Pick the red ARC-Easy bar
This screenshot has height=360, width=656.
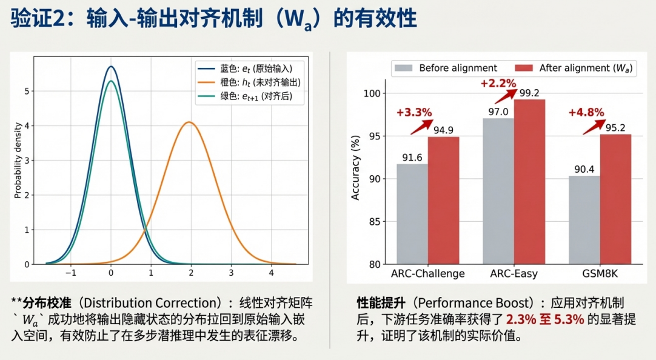[529, 182]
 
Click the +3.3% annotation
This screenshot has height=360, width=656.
[414, 112]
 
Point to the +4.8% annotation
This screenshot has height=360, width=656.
[586, 112]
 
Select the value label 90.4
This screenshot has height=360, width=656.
[584, 169]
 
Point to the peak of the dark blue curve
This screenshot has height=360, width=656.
[110, 66]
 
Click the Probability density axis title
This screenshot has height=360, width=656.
[19, 161]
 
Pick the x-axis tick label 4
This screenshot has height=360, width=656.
[271, 272]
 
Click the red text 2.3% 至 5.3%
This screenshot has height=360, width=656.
[545, 319]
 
